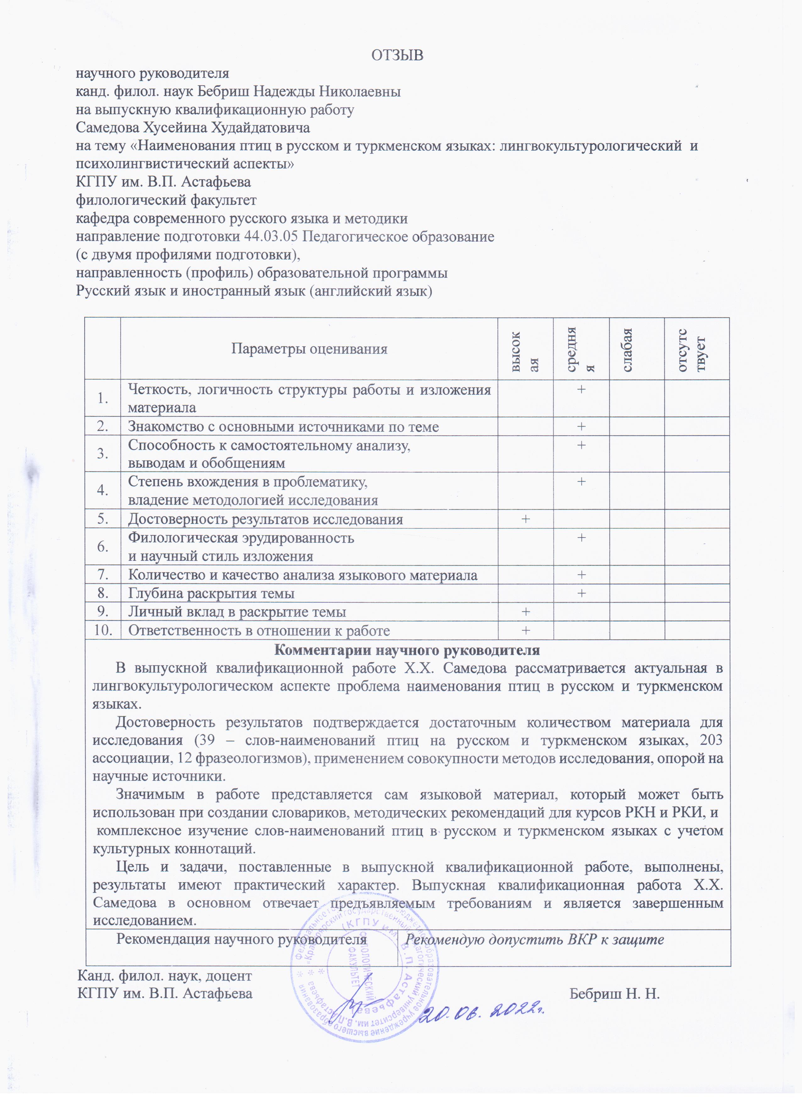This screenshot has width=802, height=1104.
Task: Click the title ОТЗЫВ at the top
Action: click(397, 55)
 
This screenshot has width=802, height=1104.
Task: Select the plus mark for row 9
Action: click(525, 611)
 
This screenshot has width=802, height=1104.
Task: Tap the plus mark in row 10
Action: click(525, 630)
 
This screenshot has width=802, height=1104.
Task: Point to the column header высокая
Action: click(525, 349)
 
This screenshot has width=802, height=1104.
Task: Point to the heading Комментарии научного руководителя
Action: click(407, 650)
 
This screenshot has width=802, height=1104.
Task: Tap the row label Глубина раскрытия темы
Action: click(211, 594)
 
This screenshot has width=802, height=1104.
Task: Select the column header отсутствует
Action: click(696, 349)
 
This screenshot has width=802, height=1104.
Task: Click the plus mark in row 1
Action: click(581, 389)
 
